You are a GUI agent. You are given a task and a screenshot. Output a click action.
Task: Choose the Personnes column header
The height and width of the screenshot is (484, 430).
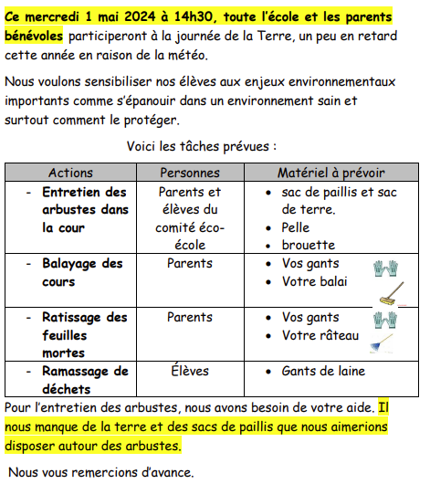point(190,173)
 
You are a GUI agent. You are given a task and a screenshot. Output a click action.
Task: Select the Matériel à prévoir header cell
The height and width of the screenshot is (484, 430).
point(331,173)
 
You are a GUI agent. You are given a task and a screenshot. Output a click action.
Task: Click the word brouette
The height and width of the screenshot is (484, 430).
point(309,245)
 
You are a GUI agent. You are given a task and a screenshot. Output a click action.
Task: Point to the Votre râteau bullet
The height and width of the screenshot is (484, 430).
point(320,335)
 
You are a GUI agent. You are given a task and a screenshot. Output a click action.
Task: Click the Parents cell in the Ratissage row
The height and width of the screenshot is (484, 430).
point(190,318)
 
